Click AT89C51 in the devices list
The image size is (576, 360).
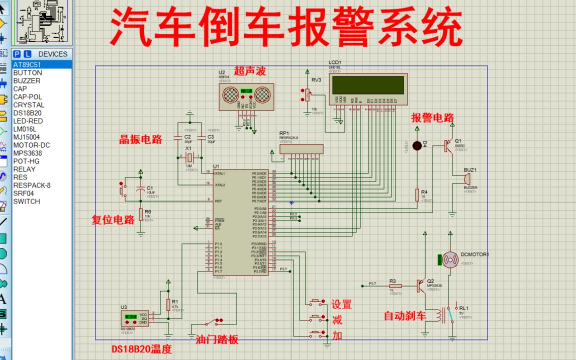[27, 65]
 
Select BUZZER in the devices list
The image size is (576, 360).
[27, 80]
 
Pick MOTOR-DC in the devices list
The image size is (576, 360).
[32, 145]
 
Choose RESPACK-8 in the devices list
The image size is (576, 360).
[32, 185]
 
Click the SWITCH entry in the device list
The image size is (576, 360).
[27, 201]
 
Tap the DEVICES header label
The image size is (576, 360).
[52, 54]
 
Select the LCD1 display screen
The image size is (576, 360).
[367, 84]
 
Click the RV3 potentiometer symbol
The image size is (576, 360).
[308, 93]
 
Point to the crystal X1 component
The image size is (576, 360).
[189, 157]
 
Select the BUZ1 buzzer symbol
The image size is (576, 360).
[466, 178]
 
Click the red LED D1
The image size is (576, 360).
[417, 146]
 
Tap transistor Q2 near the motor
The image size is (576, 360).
[422, 286]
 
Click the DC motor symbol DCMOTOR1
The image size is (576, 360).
[449, 260]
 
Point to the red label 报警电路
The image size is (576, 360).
[432, 118]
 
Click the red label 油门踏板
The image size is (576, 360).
[217, 340]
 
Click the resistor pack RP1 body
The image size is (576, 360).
[302, 149]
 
